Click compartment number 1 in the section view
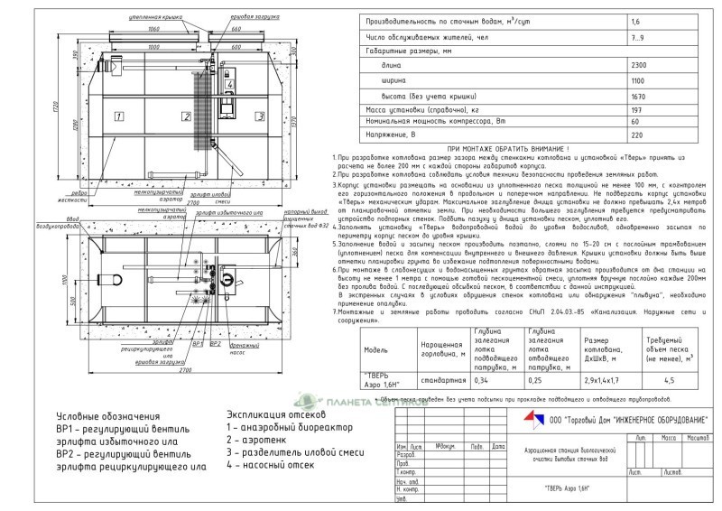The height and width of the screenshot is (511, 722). click(x=117, y=116)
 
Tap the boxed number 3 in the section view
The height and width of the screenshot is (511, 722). click(x=259, y=116)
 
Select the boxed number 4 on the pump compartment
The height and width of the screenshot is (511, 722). click(x=229, y=87)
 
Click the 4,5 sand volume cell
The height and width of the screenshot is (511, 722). click(x=669, y=379)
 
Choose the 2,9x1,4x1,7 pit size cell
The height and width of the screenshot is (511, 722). click(x=602, y=379)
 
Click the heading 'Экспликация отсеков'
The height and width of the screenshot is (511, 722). click(x=276, y=416)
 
